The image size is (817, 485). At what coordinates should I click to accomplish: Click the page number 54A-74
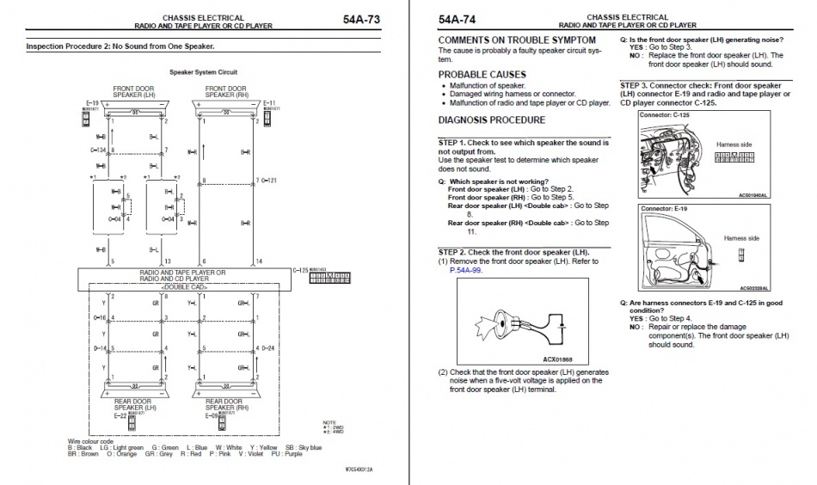(x=457, y=19)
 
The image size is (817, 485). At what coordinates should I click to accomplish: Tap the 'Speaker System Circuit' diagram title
(x=203, y=72)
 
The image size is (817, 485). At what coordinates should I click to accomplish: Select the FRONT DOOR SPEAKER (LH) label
(x=132, y=92)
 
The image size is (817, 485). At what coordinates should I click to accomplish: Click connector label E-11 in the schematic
(x=269, y=103)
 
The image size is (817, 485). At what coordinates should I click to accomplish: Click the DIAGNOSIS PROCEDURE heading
(x=491, y=120)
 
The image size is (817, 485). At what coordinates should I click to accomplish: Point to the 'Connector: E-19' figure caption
(x=663, y=208)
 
